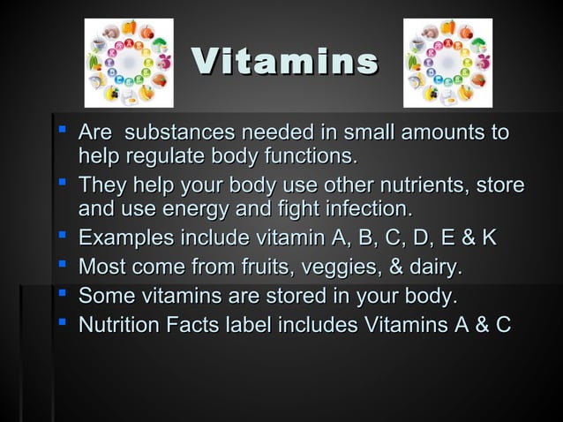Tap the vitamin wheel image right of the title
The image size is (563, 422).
tap(447, 63)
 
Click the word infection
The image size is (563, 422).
tap(367, 210)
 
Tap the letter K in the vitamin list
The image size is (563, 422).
tap(488, 239)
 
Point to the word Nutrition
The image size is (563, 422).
tap(121, 324)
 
